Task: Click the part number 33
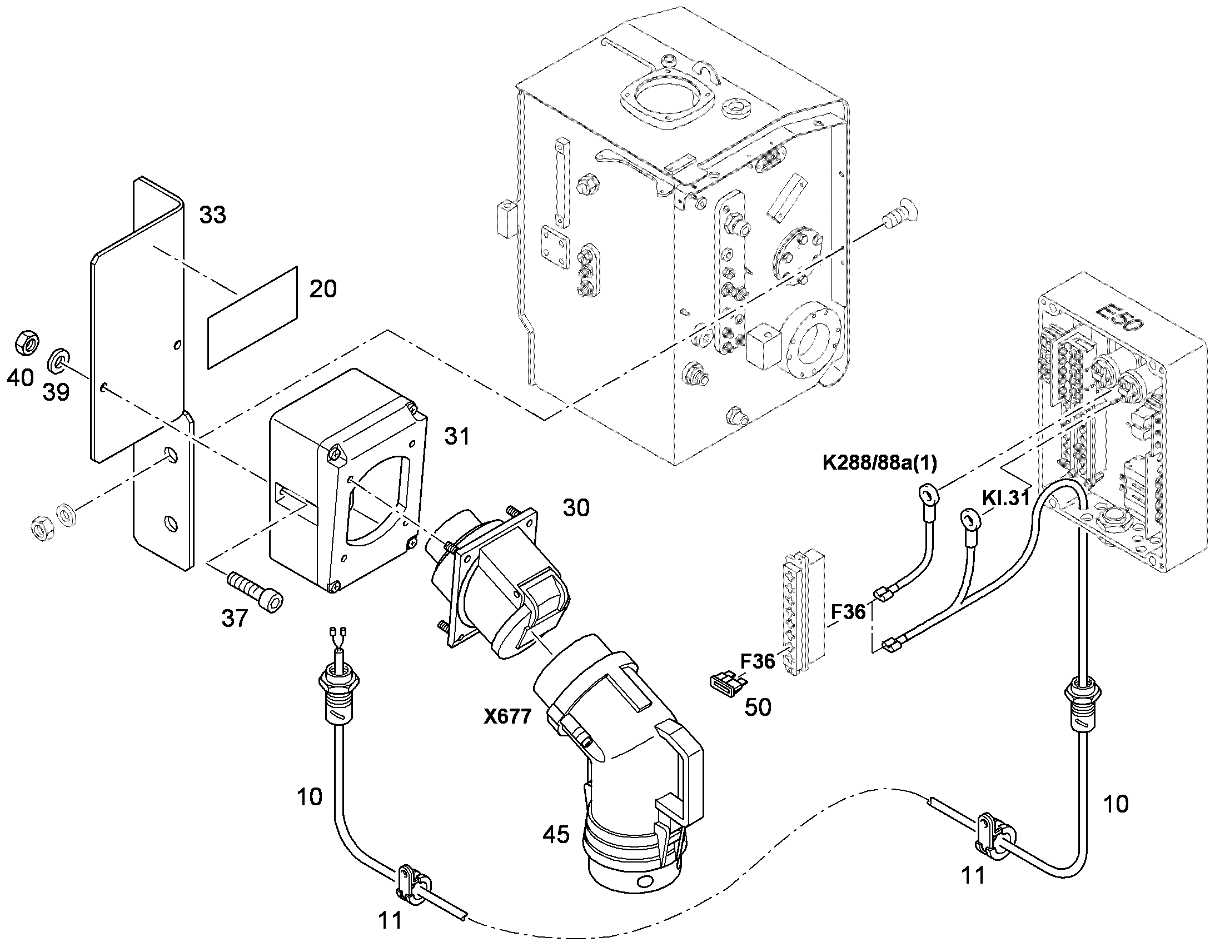(x=213, y=215)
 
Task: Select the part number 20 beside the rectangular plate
(x=323, y=290)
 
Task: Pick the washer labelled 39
(x=58, y=361)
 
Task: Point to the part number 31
(x=457, y=436)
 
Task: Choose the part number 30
(x=576, y=508)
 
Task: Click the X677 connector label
(x=507, y=716)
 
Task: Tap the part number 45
(x=556, y=834)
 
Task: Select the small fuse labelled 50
(x=728, y=684)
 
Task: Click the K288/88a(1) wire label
(x=879, y=462)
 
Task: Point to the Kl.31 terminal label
(x=1005, y=497)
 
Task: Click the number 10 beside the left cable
(x=310, y=797)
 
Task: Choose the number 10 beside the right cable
(x=1116, y=804)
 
